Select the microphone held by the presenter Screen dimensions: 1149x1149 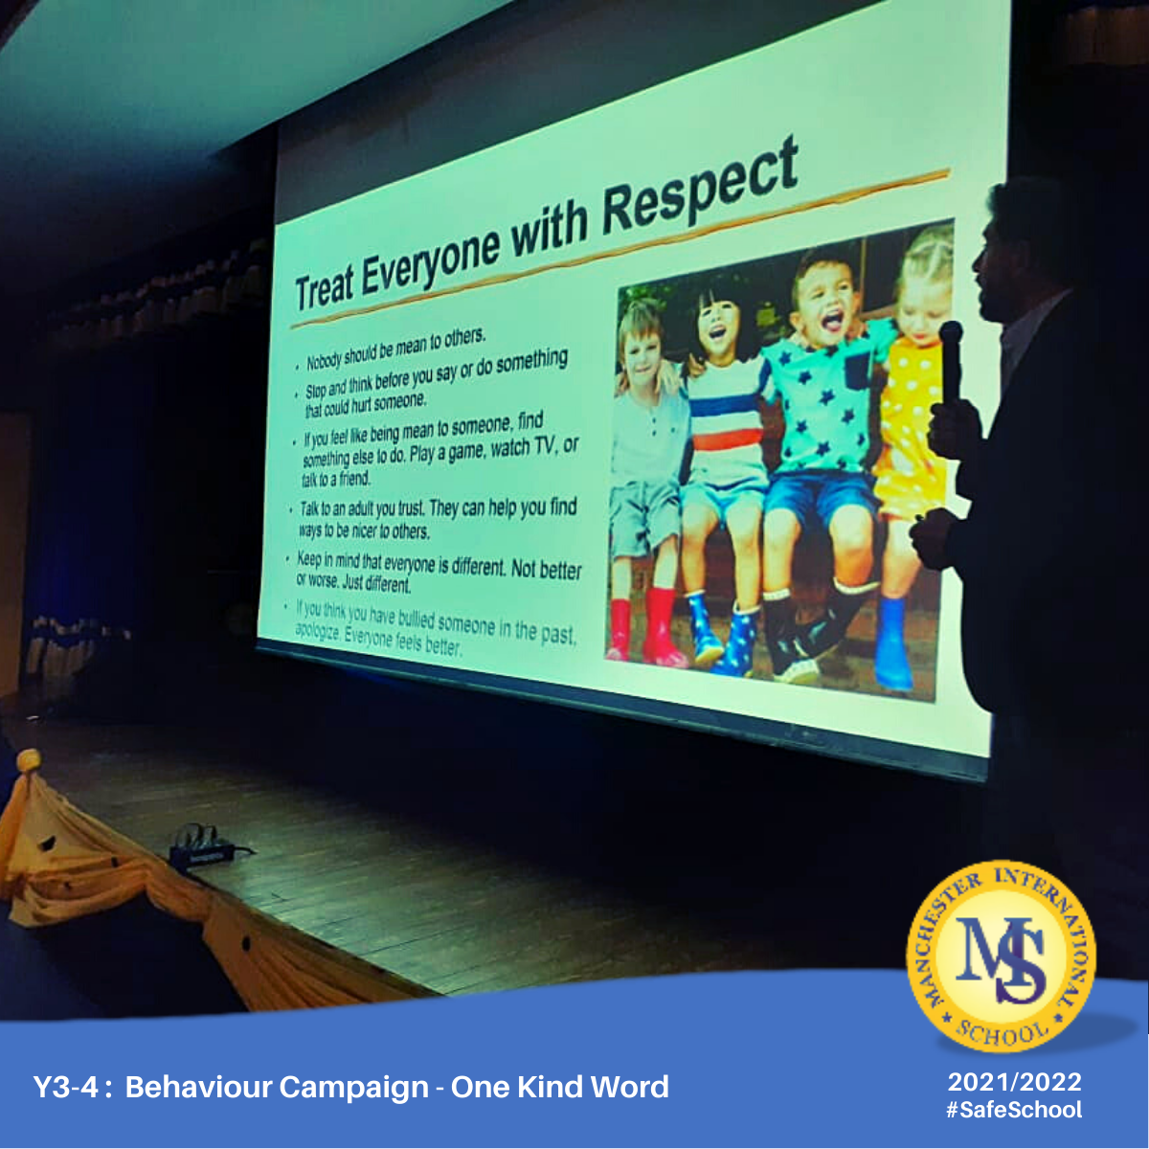click(x=950, y=363)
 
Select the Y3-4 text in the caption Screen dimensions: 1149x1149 click(x=65, y=1087)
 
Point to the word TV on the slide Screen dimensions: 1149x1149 click(x=545, y=447)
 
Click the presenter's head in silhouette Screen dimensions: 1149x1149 click(x=1014, y=251)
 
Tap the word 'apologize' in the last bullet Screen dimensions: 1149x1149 click(x=319, y=633)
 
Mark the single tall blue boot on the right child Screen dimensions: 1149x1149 click(x=892, y=644)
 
